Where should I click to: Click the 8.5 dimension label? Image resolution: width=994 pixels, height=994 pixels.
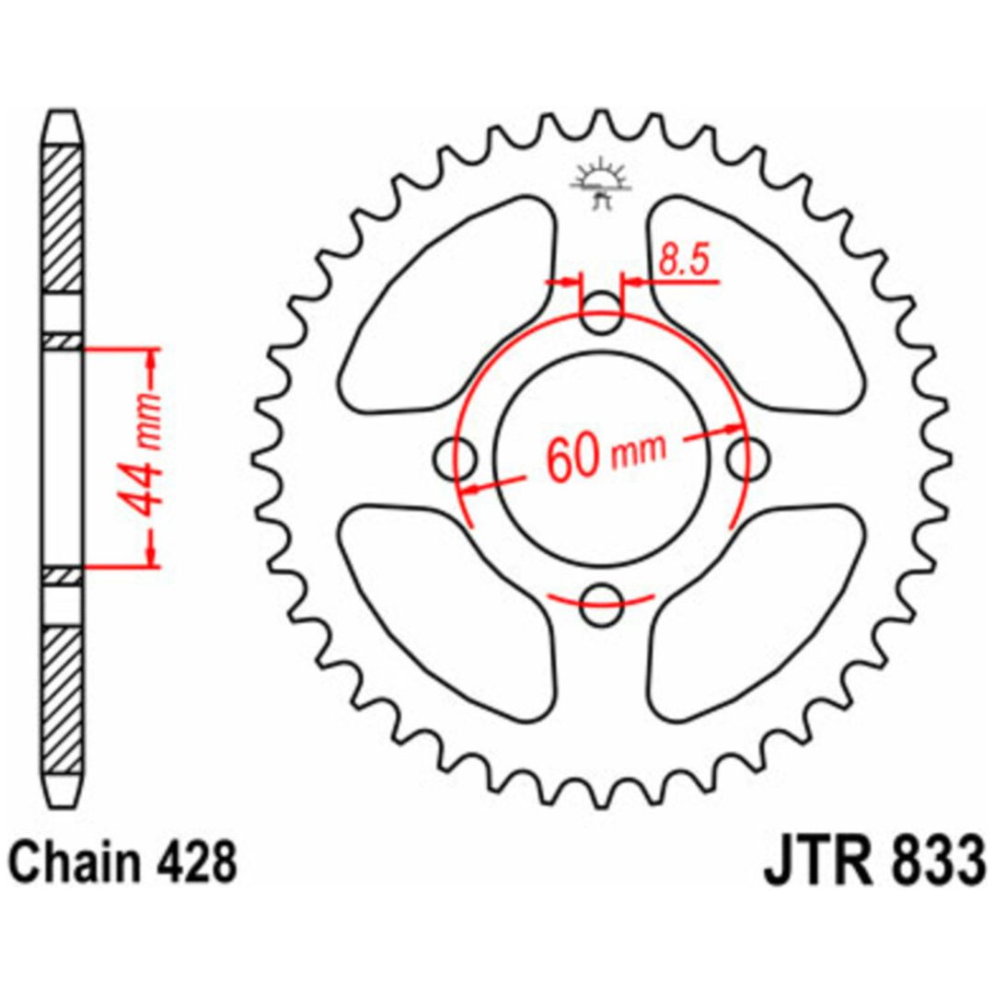[683, 260]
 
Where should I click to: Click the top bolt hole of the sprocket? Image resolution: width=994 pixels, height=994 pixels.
[601, 315]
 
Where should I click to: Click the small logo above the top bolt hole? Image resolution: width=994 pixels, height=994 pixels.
[600, 184]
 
